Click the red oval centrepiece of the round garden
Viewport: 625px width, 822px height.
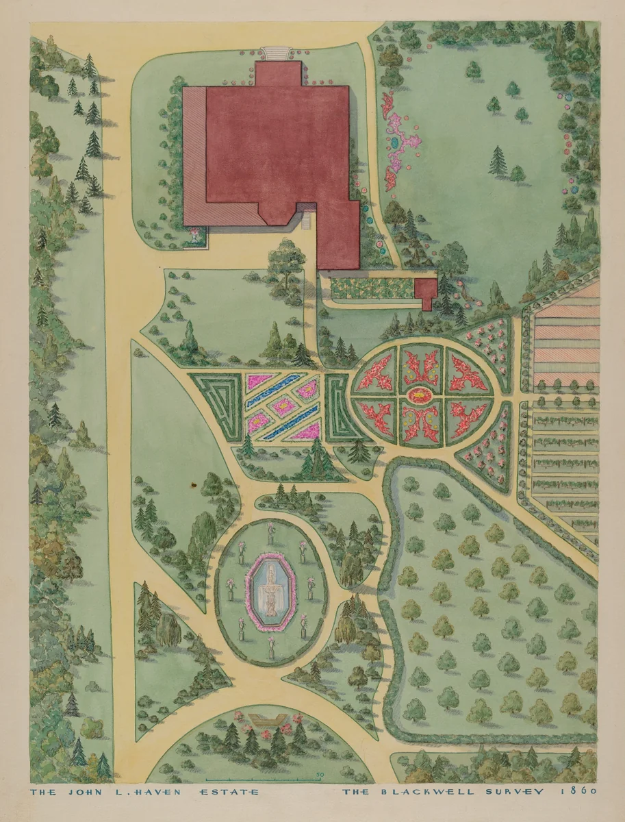(418, 395)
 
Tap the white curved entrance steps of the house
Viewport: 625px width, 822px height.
(277, 53)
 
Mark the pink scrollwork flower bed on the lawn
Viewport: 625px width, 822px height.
(400, 140)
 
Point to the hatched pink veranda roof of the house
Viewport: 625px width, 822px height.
(194, 158)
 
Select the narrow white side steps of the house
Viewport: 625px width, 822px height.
(307, 219)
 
